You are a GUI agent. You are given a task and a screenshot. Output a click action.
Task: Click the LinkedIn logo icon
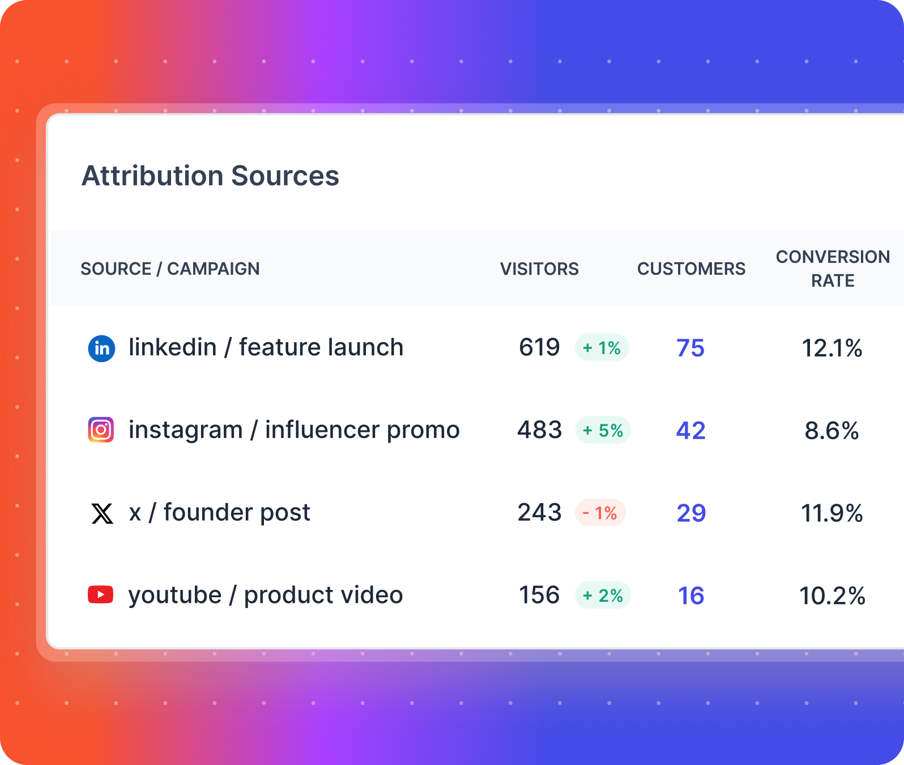point(102,348)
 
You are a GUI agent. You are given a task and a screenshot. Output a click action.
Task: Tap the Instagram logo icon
point(101,430)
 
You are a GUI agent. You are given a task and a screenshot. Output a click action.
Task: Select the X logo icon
point(102,513)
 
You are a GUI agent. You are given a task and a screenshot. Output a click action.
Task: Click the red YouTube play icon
point(101,595)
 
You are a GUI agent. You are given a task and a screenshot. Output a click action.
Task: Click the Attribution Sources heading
point(210,176)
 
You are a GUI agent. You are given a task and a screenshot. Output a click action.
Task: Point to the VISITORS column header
point(539,269)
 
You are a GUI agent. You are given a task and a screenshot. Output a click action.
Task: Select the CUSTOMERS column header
point(691,269)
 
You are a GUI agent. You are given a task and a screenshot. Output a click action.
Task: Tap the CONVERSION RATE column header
point(832,269)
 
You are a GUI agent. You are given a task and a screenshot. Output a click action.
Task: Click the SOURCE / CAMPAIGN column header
point(170,269)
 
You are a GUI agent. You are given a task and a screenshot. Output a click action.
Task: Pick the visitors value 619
point(539,347)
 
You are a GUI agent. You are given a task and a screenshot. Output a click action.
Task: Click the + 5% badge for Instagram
point(603,430)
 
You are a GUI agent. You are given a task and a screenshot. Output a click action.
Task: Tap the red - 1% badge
point(600,513)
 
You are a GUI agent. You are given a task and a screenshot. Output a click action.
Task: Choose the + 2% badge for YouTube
point(603,596)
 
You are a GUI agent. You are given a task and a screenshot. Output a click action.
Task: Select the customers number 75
point(690,348)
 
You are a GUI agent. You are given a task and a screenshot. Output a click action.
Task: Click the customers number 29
point(691,513)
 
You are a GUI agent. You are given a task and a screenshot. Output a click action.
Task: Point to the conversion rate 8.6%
point(831,431)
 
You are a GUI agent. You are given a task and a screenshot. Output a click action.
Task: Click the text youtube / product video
point(266,595)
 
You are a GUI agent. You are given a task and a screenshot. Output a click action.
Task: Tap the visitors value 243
point(539,513)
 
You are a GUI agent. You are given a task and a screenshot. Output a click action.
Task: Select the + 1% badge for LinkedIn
point(602,348)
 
